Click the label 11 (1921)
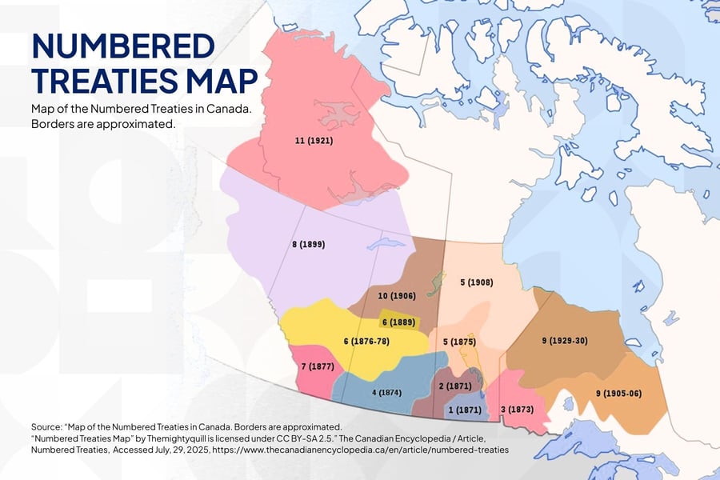tap(314, 141)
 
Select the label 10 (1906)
tap(397, 296)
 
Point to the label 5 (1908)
tap(477, 282)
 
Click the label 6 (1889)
tap(397, 322)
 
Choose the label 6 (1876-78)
tap(366, 342)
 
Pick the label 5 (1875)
tap(460, 342)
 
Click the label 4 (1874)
tap(386, 393)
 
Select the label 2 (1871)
tap(453, 386)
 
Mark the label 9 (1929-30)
tap(565, 341)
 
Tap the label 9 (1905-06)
tap(618, 393)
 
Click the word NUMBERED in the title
tap(123, 47)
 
